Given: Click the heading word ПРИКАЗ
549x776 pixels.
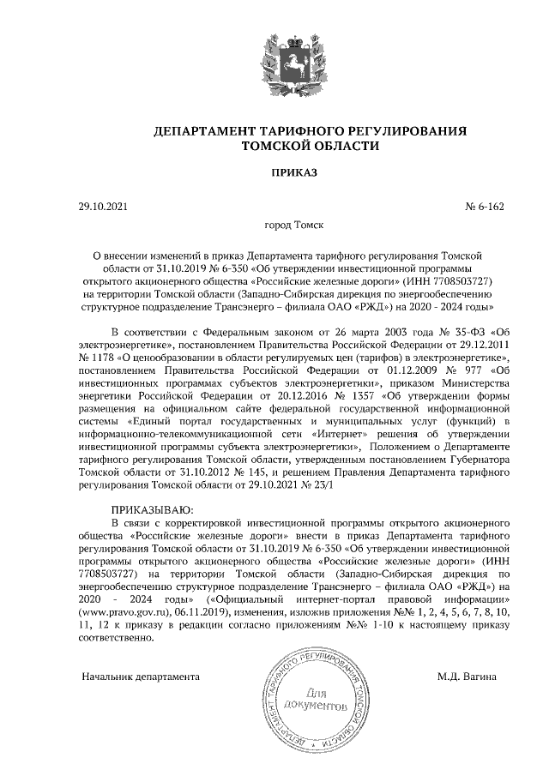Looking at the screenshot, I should click(x=294, y=172).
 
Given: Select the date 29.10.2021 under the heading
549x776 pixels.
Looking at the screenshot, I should click(x=102, y=207).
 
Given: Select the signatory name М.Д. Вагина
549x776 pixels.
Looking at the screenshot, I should click(x=467, y=677).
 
